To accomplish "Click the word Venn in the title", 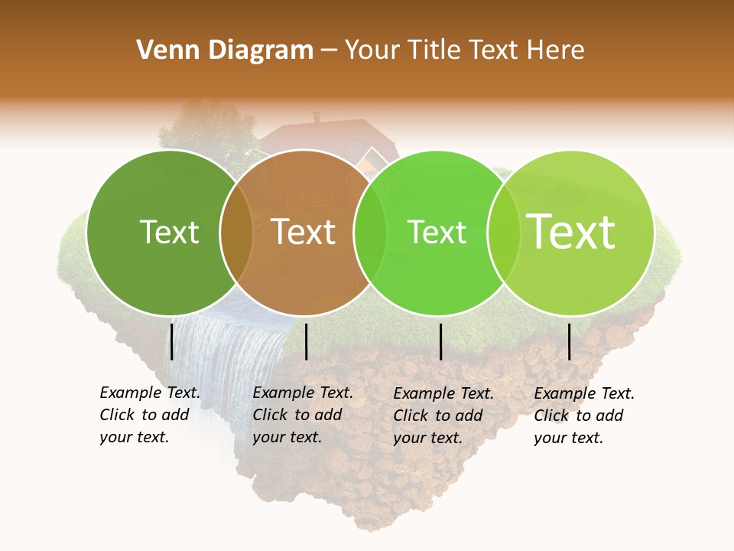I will pyautogui.click(x=163, y=51).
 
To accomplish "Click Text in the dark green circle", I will pyautogui.click(x=169, y=232).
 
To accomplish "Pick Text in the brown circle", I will pyautogui.click(x=304, y=232).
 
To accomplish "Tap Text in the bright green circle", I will pyautogui.click(x=437, y=232).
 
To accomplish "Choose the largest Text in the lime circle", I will pyautogui.click(x=571, y=232).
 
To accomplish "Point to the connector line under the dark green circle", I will pyautogui.click(x=172, y=341).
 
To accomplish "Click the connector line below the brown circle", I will pyautogui.click(x=306, y=341).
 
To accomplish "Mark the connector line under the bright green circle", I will pyautogui.click(x=441, y=341).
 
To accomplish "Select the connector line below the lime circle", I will pyautogui.click(x=570, y=341).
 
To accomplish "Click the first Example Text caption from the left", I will pyautogui.click(x=150, y=415).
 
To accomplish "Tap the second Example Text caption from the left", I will pyautogui.click(x=303, y=415).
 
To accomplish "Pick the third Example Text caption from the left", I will pyautogui.click(x=443, y=416).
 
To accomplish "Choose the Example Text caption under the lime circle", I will pyautogui.click(x=584, y=416).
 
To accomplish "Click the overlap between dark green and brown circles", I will pyautogui.click(x=235, y=232).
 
